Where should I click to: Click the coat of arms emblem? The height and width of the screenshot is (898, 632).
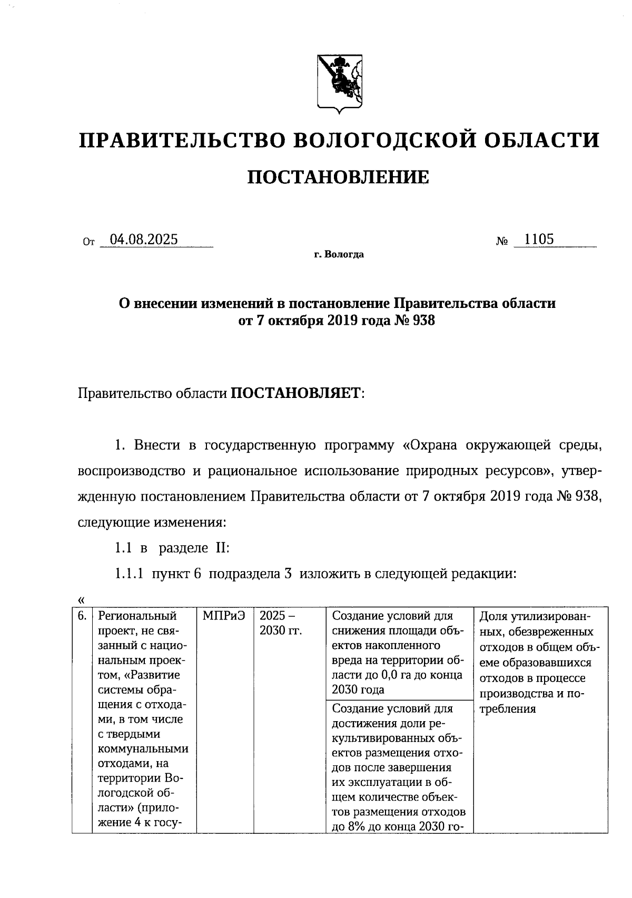pos(339,83)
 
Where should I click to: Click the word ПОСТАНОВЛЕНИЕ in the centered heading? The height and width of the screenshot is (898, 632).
pos(338,177)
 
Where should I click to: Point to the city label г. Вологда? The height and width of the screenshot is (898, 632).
pos(339,255)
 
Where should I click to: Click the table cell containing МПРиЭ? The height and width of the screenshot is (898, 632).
pos(224,616)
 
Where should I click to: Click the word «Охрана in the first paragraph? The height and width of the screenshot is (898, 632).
pos(430,446)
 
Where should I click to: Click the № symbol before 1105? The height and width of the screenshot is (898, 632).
pos(501,242)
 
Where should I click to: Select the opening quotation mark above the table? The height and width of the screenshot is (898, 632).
pos(81,600)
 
